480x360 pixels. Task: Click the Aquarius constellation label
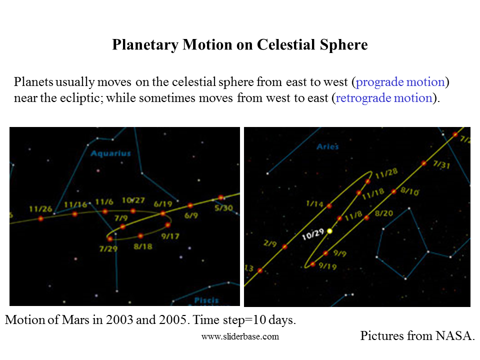pyautogui.click(x=110, y=153)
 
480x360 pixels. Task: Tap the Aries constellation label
pyautogui.click(x=327, y=146)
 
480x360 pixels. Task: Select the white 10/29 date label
pyautogui.click(x=313, y=234)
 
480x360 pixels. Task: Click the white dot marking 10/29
pyautogui.click(x=330, y=231)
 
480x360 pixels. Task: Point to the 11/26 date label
pyautogui.click(x=40, y=209)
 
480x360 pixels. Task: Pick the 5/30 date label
pyautogui.click(x=223, y=207)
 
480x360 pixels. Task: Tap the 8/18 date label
pyautogui.click(x=143, y=246)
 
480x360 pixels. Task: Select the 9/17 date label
pyautogui.click(x=170, y=236)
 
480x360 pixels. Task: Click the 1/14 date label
pyautogui.click(x=315, y=204)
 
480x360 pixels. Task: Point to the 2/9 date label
pyautogui.click(x=270, y=244)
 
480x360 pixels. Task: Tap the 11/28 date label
pyautogui.click(x=386, y=172)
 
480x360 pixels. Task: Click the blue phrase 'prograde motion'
pyautogui.click(x=400, y=82)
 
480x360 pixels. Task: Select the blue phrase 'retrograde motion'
pyautogui.click(x=383, y=97)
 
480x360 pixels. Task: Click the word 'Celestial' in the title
pyautogui.click(x=286, y=45)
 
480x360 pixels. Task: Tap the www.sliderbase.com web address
pyautogui.click(x=240, y=336)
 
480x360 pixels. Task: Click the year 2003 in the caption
pyautogui.click(x=119, y=320)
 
